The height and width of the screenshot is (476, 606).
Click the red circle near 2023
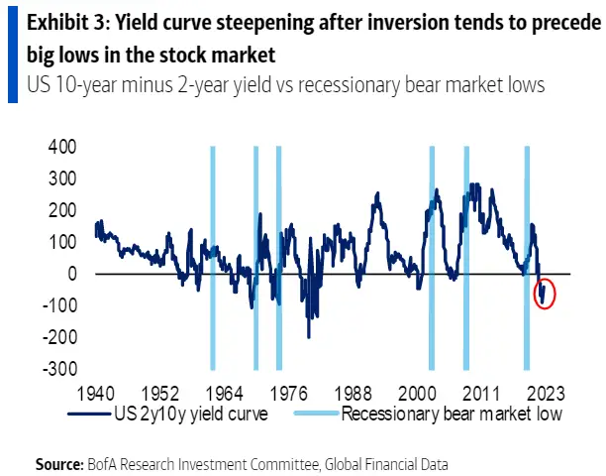(x=545, y=293)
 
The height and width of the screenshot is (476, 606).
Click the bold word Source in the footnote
(x=57, y=463)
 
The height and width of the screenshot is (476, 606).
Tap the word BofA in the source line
(x=104, y=463)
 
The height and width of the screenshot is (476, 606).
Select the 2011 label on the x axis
(x=482, y=391)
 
